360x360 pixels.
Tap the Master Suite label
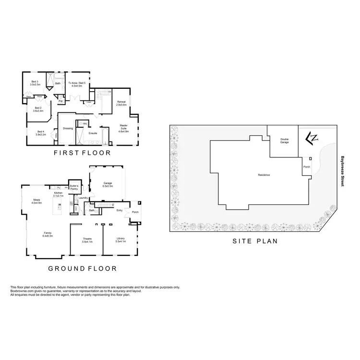pyautogui.click(x=124, y=127)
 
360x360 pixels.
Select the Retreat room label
pyautogui.click(x=121, y=103)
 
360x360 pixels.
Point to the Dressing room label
pyautogui.click(x=68, y=128)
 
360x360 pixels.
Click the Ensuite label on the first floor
pyautogui.click(x=93, y=133)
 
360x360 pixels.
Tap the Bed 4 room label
pyautogui.click(x=41, y=133)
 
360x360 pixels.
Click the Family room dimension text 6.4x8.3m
pyautogui.click(x=48, y=236)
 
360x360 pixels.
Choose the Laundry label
pyautogui.click(x=83, y=198)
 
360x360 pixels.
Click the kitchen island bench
pyautogui.click(x=60, y=207)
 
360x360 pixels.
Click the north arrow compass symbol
pyautogui.click(x=312, y=138)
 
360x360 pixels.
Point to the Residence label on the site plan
pyautogui.click(x=264, y=175)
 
